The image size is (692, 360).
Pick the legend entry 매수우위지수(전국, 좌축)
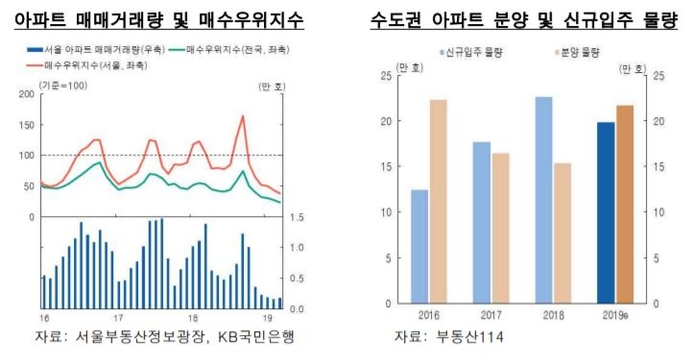pos(230,48)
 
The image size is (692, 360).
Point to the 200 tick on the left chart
pos(26,93)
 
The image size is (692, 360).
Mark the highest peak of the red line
pos(242,117)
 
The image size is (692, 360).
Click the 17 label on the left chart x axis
pos(117,318)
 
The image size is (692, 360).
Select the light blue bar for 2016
pos(419,246)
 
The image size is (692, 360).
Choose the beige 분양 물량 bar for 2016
pos(438,202)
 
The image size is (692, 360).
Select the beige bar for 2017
pos(500,228)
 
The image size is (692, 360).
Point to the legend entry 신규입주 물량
pos(473,53)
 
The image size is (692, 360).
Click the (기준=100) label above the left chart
pos(63,86)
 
